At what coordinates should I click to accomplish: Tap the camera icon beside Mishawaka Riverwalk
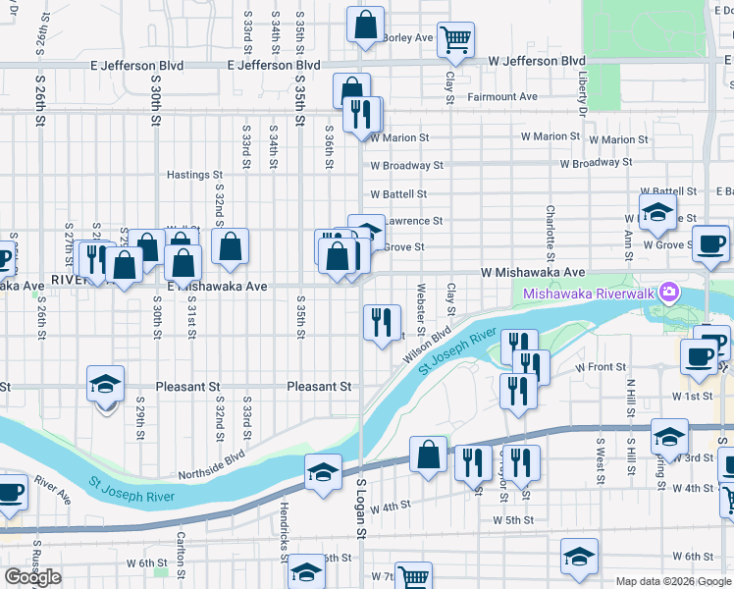(669, 292)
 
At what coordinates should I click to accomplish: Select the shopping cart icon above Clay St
(455, 39)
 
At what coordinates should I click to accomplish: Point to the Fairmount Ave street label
(502, 97)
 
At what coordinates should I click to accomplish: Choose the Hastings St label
(194, 175)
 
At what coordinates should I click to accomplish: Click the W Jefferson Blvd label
(536, 61)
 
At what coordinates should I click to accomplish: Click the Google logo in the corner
(32, 577)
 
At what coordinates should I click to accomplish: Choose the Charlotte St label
(551, 227)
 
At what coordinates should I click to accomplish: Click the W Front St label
(601, 366)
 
